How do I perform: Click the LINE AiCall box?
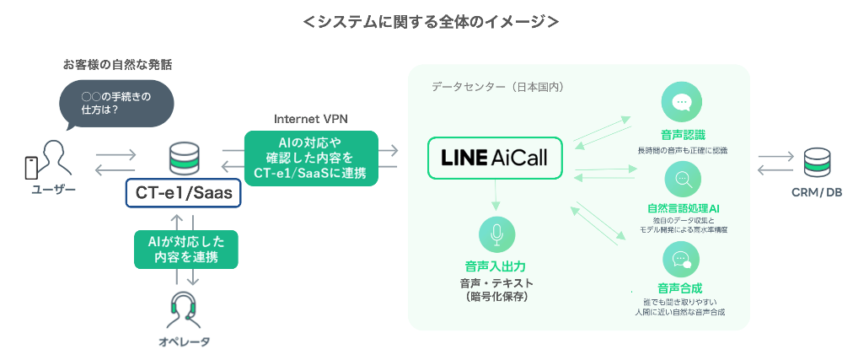pos(495,158)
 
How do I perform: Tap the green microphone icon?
pos(495,234)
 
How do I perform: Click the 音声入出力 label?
pos(496,266)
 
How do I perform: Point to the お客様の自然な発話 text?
pos(123,64)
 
